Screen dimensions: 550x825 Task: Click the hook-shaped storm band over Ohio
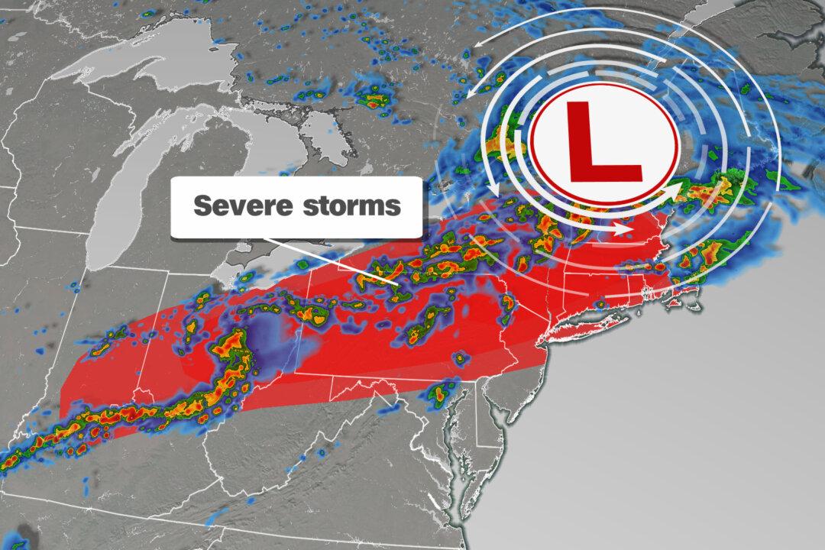click(x=229, y=359)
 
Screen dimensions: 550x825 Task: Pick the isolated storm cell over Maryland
click(x=440, y=394)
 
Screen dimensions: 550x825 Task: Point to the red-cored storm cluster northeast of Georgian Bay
click(x=374, y=99)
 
